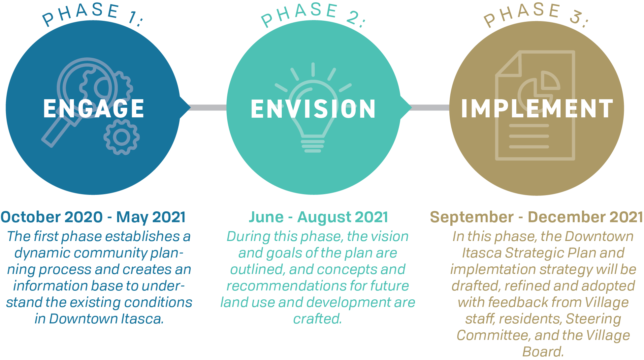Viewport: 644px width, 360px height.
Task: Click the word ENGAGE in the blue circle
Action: (94, 108)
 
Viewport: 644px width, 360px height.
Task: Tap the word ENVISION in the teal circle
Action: (313, 108)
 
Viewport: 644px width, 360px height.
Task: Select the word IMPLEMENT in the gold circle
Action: (537, 108)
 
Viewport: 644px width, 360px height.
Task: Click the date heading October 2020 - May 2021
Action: (93, 217)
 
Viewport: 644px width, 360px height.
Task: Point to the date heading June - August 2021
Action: (318, 217)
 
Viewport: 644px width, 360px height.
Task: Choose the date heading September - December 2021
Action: (536, 217)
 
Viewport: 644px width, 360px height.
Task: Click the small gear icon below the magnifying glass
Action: (121, 137)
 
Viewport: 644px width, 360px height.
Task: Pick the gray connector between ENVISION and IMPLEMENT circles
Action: (430, 107)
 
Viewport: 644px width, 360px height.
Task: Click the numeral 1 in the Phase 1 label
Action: (132, 17)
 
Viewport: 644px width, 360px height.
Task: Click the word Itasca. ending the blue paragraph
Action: (143, 319)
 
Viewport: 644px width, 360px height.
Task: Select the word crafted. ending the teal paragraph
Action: (318, 319)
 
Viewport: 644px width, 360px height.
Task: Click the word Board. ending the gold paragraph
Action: (543, 352)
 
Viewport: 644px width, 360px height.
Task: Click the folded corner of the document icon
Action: (509, 64)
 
